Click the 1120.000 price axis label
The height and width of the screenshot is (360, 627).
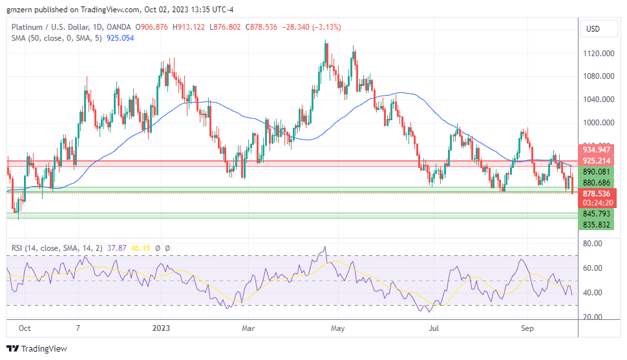pyautogui.click(x=598, y=54)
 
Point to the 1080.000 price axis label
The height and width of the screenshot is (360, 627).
pyautogui.click(x=598, y=76)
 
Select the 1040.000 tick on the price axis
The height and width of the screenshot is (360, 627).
pyautogui.click(x=598, y=100)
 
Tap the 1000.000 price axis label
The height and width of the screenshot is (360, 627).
pyautogui.click(x=598, y=123)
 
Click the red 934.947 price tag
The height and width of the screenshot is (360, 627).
pyautogui.click(x=597, y=149)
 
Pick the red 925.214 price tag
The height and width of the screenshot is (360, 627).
pyautogui.click(x=597, y=160)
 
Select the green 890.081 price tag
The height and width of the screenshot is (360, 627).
pyautogui.click(x=597, y=173)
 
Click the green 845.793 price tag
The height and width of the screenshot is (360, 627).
pyautogui.click(x=597, y=214)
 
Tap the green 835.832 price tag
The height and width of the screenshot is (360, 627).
pyautogui.click(x=597, y=224)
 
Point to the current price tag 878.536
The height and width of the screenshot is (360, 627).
pyautogui.click(x=597, y=193)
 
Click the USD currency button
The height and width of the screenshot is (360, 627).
pyautogui.click(x=593, y=29)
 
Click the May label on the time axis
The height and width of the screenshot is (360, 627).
pyautogui.click(x=337, y=328)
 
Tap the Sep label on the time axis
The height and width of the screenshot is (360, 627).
pyautogui.click(x=527, y=328)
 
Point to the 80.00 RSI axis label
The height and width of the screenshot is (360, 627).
pyautogui.click(x=593, y=244)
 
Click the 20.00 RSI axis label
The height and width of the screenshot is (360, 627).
pyautogui.click(x=593, y=317)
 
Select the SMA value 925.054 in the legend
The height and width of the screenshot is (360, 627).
pyautogui.click(x=120, y=38)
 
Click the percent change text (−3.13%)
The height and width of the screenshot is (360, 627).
pyautogui.click(x=326, y=27)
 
